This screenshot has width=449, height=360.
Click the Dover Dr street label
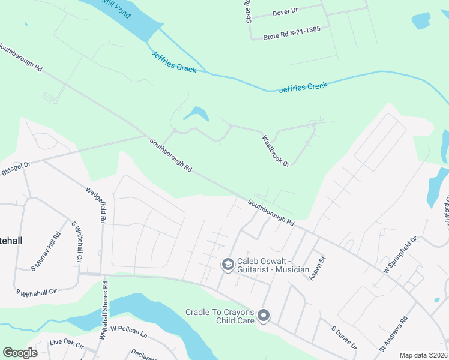(286, 11)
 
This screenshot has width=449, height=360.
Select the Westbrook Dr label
(276, 151)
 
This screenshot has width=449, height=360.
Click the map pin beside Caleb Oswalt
(228, 265)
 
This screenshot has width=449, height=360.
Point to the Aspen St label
(317, 268)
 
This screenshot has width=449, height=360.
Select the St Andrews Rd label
(393, 334)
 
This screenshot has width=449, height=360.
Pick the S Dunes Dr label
(345, 337)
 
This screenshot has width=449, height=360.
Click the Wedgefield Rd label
(99, 204)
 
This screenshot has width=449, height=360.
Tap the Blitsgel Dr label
(15, 163)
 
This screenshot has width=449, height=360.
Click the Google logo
(20, 353)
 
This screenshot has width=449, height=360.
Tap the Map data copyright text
(423, 355)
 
